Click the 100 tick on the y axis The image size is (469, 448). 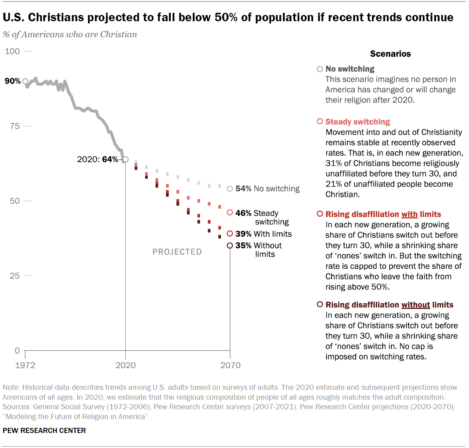coord(12,51)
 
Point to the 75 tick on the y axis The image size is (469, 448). coord(15,126)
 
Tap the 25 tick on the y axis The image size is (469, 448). coord(15,276)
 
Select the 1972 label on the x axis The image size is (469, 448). coord(25,365)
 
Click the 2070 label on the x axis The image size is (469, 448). coord(230,365)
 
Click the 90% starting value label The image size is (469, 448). coord(12,81)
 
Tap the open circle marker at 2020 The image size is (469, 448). coord(125,159)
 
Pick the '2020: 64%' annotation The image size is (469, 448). coord(97,159)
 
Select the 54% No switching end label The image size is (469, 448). coord(267,188)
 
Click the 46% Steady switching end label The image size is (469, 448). coord(262,217)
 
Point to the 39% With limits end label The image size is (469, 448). coord(263,234)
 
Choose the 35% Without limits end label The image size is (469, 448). coord(258,250)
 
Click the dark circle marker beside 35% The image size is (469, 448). coord(230,246)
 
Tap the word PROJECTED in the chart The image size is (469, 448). coord(177,252)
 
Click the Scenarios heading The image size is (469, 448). coord(390,54)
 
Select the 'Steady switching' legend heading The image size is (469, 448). coord(358,122)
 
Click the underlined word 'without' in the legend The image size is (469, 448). coord(416,305)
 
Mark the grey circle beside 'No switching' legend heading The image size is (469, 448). coord(320,69)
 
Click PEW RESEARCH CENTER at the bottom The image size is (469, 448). coord(44,430)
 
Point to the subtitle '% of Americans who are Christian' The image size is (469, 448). coord(70,34)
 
